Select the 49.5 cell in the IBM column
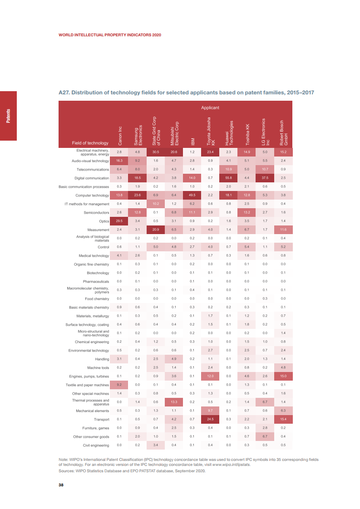(x=192, y=196)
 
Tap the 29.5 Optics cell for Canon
(x=119, y=221)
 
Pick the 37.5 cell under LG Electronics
(x=265, y=178)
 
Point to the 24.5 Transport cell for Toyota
(x=210, y=419)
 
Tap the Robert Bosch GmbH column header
(x=284, y=132)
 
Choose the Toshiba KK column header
(x=247, y=134)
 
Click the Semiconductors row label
(x=96, y=212)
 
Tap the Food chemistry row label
(x=97, y=299)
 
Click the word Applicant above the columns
(x=210, y=108)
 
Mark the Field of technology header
(x=90, y=143)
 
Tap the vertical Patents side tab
(x=8, y=116)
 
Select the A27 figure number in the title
(x=64, y=93)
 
